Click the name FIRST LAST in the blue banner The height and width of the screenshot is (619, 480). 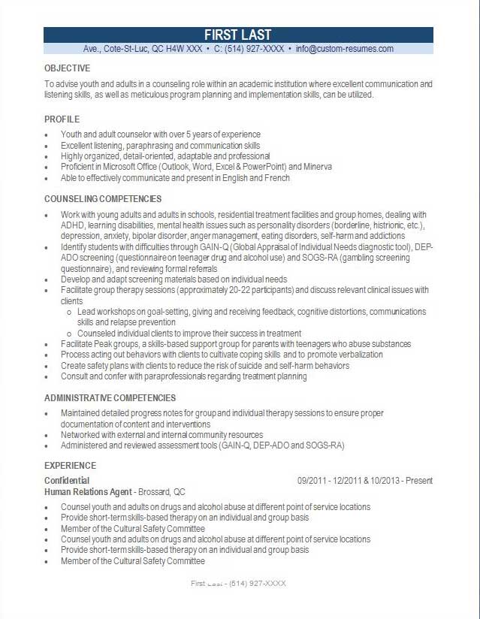pos(238,35)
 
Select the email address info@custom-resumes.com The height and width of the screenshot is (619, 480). pos(344,49)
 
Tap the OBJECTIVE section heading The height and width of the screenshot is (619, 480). pos(67,68)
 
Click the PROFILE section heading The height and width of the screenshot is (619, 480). pos(62,119)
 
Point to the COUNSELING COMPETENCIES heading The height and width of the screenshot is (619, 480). pos(103,199)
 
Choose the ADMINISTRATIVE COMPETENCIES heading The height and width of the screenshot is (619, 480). pos(110,398)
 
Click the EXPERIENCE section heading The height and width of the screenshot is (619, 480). pos(70,466)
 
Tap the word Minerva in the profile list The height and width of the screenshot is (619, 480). pos(318,167)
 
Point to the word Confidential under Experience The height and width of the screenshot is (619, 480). pos(67,481)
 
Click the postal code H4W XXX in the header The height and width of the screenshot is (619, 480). pos(185,49)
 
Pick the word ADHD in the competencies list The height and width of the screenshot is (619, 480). pos(72,225)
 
